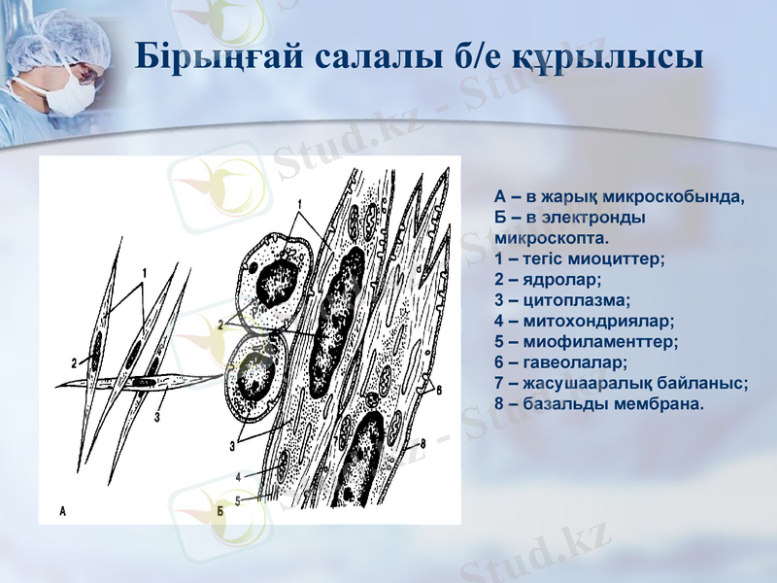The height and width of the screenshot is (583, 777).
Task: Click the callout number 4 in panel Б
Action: coord(237,477)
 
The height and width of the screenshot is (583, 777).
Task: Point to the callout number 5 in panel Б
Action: coord(237,497)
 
